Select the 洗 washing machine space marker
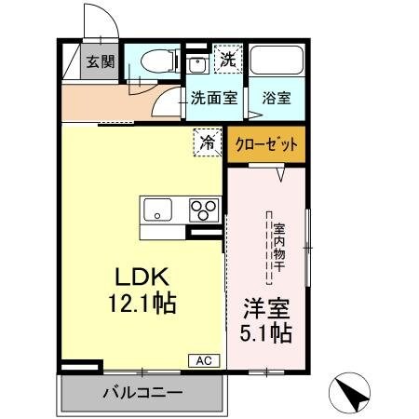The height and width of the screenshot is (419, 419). [x=226, y=60]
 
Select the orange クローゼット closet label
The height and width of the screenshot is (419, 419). [x=266, y=145]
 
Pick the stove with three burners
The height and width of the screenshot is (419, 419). [x=206, y=210]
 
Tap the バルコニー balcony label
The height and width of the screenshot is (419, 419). [x=142, y=393]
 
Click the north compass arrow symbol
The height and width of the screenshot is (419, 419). [x=352, y=395]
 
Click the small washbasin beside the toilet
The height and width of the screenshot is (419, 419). [x=196, y=64]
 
